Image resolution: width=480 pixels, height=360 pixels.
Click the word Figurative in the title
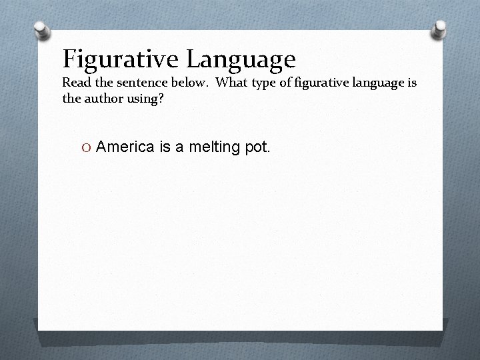[121, 60]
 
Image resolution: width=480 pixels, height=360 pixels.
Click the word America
[125, 147]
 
